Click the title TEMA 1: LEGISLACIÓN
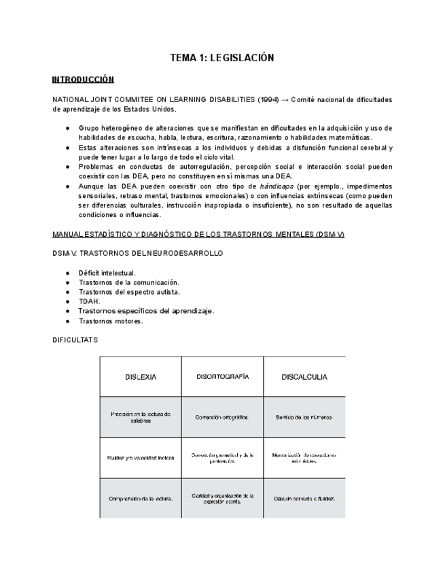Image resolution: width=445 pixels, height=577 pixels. [x=221, y=59]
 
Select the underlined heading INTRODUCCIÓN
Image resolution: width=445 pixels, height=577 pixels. [x=83, y=80]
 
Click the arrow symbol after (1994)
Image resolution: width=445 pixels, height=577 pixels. [x=285, y=99]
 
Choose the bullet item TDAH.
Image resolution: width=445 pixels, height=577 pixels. [x=89, y=301]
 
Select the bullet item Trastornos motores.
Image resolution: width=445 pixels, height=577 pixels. [x=110, y=321]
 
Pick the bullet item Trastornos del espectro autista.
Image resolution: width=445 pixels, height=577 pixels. [x=129, y=292]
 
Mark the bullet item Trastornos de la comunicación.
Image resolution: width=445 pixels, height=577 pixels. [x=128, y=282]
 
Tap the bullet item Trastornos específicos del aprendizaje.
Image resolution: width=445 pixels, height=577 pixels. [x=146, y=311]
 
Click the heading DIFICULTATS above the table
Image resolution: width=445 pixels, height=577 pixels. [x=75, y=340]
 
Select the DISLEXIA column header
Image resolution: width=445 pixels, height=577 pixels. [x=141, y=377]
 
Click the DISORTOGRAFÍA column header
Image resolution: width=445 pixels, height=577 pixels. [x=222, y=377]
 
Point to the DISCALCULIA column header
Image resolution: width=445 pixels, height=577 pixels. [x=304, y=377]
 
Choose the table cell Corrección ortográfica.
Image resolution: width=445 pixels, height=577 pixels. [x=221, y=417]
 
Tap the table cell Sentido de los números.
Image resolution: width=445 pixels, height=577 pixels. [x=304, y=417]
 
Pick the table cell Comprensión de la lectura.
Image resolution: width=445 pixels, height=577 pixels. [x=141, y=498]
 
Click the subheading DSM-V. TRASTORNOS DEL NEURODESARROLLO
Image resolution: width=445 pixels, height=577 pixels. [x=137, y=253]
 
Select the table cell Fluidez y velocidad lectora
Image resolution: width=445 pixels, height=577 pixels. [x=141, y=458]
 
